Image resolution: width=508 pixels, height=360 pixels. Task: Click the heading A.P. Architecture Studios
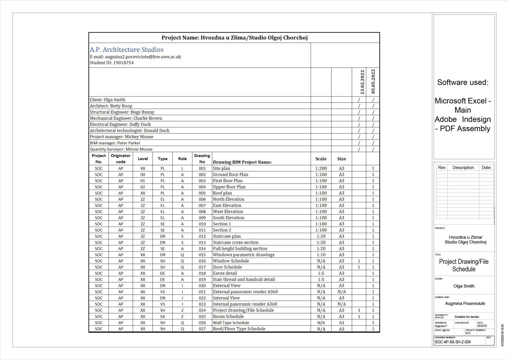127,50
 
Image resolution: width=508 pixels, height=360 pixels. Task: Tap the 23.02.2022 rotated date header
362,82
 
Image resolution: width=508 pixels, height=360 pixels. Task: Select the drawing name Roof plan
222,193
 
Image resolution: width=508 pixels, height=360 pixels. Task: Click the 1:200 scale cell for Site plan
321,168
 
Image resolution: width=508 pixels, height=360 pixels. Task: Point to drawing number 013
202,242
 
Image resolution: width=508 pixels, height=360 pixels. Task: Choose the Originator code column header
121,159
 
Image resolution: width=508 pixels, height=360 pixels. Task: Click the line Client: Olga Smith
107,100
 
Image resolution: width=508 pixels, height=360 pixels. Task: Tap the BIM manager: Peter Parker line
115,143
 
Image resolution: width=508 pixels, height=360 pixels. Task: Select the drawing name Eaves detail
225,273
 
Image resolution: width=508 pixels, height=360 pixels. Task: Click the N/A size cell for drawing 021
342,292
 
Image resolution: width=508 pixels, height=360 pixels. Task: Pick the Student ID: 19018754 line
112,62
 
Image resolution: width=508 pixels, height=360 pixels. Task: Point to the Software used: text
462,82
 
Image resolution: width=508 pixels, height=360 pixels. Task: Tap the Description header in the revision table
463,168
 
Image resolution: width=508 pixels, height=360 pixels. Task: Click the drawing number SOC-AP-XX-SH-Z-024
453,342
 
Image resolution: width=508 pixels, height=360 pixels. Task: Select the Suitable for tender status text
467,317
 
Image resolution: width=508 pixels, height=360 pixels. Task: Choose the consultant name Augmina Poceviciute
465,303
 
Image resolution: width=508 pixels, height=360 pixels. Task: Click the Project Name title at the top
234,38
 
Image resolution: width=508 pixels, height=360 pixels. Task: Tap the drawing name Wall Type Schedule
231,323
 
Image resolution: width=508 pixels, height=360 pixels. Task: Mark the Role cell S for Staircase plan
182,236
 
